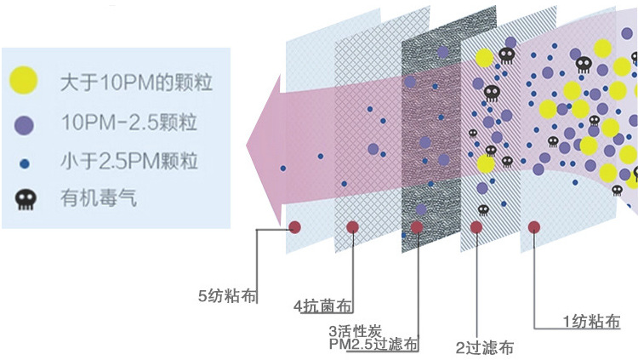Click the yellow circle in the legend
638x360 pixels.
point(24,81)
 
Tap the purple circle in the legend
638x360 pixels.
point(24,124)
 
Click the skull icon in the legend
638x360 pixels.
point(25,200)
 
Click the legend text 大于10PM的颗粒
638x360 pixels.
point(135,83)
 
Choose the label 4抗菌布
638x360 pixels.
point(323,306)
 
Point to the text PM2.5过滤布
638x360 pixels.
point(373,344)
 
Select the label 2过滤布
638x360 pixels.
point(484,347)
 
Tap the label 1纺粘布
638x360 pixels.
point(591,321)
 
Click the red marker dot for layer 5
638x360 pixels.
point(295,227)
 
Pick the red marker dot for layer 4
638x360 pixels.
point(352,227)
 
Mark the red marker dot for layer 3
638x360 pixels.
point(417,227)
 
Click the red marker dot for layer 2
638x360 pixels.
point(476,227)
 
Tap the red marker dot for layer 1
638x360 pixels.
point(535,227)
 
